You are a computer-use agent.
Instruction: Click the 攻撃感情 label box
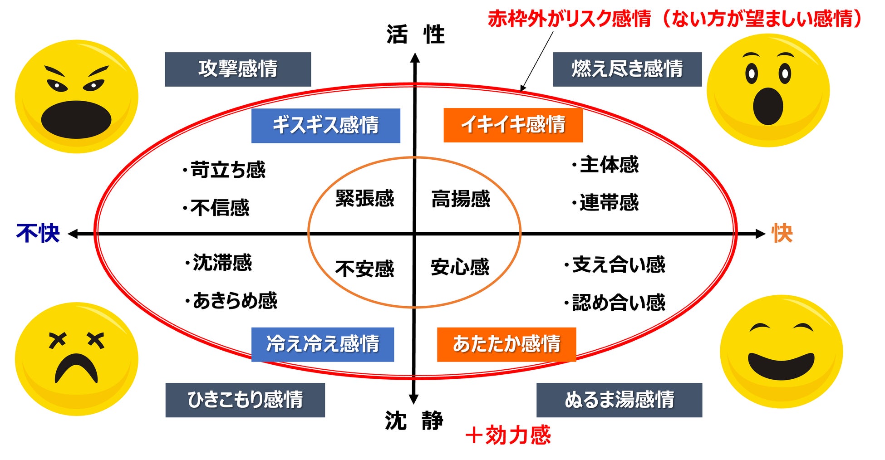pyautogui.click(x=237, y=69)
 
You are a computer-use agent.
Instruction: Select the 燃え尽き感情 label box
pyautogui.click(x=627, y=69)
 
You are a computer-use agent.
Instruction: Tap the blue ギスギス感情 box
pyautogui.click(x=325, y=126)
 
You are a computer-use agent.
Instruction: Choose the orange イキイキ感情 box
pyautogui.click(x=513, y=125)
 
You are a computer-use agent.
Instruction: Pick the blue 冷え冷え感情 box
pyautogui.click(x=322, y=344)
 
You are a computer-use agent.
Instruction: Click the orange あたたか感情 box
pyautogui.click(x=506, y=344)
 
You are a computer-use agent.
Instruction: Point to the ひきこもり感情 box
pyautogui.click(x=245, y=400)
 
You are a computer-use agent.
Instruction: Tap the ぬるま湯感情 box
pyautogui.click(x=619, y=400)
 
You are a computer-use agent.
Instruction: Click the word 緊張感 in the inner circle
pyautogui.click(x=364, y=199)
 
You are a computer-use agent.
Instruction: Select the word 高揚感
pyautogui.click(x=461, y=199)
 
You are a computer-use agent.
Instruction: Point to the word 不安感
pyautogui.click(x=364, y=269)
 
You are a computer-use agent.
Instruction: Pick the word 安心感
pyautogui.click(x=460, y=267)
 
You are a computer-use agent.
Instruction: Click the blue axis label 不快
pyautogui.click(x=38, y=234)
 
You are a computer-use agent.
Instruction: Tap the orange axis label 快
pyautogui.click(x=782, y=234)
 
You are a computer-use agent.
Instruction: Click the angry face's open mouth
pyautogui.click(x=76, y=119)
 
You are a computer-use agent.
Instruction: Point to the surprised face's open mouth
pyautogui.click(x=768, y=107)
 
